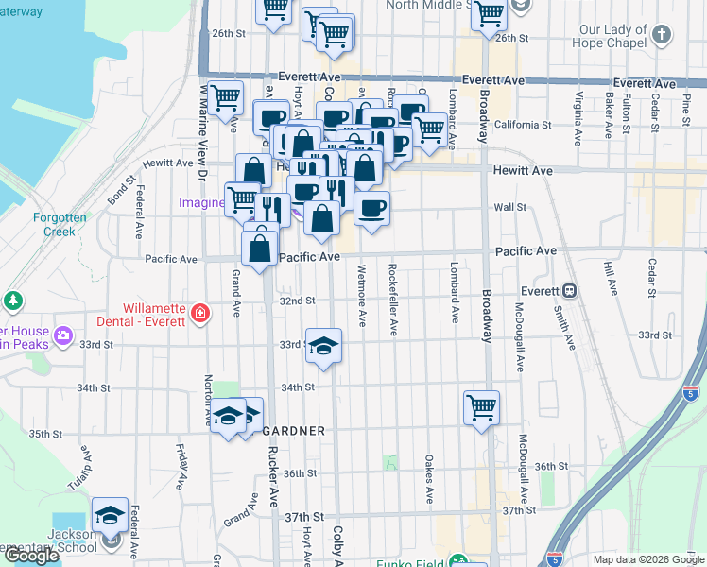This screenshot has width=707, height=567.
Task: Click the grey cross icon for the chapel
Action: coord(662,36)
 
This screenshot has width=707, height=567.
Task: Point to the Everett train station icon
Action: coord(570,291)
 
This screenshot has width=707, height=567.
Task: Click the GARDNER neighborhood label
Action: coord(293,431)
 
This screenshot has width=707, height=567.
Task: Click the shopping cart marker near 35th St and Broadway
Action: coord(481,408)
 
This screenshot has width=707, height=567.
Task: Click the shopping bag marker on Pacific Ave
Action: coord(259,249)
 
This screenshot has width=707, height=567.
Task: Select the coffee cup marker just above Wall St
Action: coord(372,208)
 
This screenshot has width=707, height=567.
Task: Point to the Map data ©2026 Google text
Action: coord(648,559)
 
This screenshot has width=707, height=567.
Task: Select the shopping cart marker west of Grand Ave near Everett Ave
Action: coord(225,98)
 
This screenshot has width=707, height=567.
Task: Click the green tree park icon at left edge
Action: coord(13,301)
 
